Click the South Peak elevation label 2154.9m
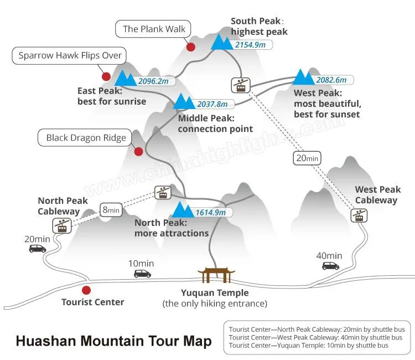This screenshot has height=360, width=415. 250,45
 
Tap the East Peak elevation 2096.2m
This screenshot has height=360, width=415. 153,81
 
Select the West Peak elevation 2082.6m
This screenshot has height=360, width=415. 331,80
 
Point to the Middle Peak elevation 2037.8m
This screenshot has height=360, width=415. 212,104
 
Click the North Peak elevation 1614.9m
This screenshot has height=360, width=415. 211,213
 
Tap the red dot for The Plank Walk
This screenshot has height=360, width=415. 191,47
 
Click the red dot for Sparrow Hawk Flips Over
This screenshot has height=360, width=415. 106,76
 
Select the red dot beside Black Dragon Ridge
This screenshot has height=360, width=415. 138,152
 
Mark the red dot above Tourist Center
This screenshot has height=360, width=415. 86,290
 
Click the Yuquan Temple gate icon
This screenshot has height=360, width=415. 216,275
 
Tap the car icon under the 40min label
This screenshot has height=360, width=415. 330,266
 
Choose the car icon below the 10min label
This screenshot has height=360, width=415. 142,274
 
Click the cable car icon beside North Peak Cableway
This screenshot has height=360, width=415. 62,226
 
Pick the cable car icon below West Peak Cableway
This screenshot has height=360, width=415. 359,215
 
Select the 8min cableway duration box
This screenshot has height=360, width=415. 111,210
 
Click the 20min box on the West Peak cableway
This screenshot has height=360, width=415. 307,158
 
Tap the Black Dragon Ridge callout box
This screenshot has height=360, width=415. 85,138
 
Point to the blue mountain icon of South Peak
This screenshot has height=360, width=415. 222,42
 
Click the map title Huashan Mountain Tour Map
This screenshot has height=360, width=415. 114,341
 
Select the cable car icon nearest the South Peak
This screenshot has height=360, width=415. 241,85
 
